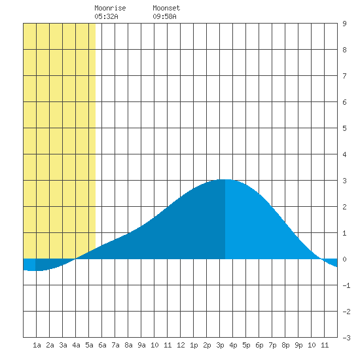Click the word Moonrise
110,8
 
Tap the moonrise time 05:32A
106,16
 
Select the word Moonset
166,8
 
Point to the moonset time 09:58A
164,16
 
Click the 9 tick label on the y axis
344,24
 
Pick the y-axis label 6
344,102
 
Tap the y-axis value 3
344,181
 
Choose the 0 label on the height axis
344,259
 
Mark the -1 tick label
346,285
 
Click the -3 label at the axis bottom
346,338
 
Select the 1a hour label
37,345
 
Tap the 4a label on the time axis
76,345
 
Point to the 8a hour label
128,345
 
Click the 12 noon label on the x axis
181,345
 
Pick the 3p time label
220,345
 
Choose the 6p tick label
259,345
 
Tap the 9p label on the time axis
298,345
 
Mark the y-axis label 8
344,50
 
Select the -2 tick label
346,312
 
